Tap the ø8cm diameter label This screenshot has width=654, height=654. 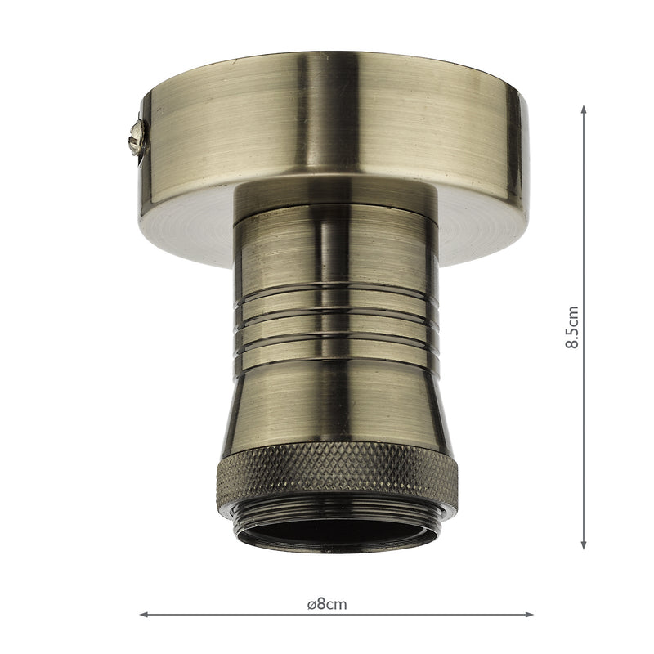tap(327, 605)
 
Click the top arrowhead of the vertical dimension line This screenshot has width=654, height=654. tap(584, 109)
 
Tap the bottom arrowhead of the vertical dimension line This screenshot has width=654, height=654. tap(584, 545)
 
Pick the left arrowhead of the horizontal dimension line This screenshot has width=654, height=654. tap(144, 614)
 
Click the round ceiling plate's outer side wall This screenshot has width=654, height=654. tap(327, 123)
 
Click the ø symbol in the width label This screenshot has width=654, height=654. tap(311, 605)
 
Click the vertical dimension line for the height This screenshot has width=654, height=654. tap(584, 204)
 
